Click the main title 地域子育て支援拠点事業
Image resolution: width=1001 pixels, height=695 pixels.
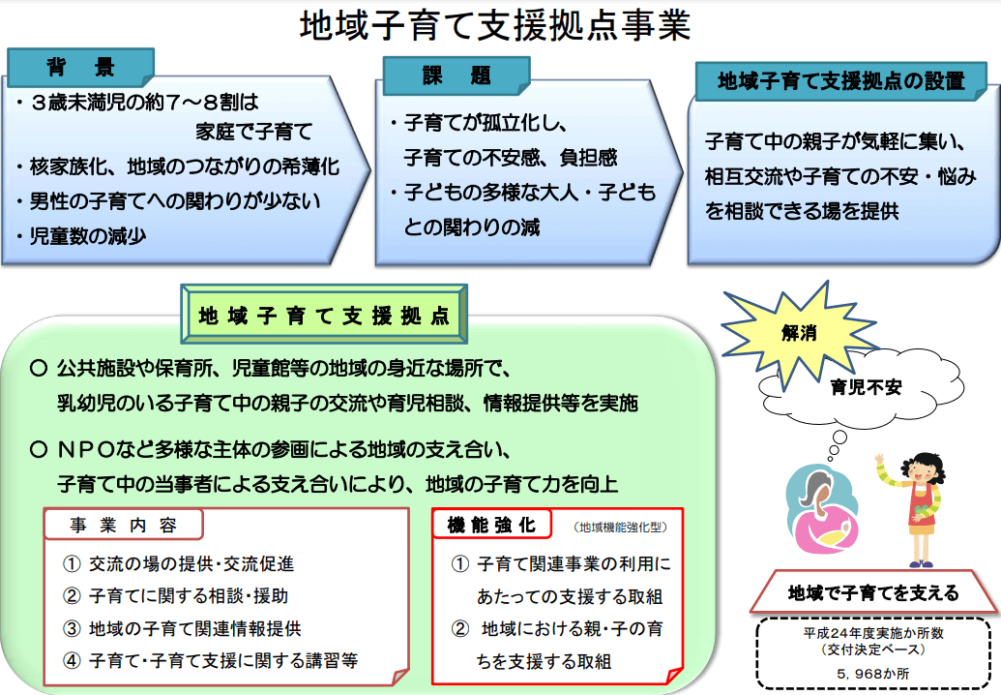495,25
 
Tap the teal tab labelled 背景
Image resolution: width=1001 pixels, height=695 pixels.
80,67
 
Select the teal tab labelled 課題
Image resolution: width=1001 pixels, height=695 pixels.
456,76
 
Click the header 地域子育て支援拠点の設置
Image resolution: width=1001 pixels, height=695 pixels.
840,81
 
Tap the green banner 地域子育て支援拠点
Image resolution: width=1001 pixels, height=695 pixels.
324,315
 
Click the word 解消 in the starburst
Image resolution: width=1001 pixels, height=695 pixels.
799,333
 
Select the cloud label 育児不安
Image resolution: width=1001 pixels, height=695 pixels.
866,387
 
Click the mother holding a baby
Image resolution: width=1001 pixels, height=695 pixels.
821,509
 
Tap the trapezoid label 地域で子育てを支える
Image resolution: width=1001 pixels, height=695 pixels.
873,592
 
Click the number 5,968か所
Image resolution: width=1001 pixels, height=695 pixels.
873,674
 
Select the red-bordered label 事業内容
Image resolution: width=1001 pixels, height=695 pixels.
123,525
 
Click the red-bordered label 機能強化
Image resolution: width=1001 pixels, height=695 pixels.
491,525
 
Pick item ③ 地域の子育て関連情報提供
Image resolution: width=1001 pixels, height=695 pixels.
182,628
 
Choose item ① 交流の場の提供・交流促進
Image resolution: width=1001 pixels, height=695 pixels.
178,563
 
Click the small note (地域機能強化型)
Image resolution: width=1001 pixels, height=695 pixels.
621,527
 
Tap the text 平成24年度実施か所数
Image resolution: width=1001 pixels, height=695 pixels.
873,633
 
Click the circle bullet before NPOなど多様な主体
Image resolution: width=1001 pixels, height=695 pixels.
39,450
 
